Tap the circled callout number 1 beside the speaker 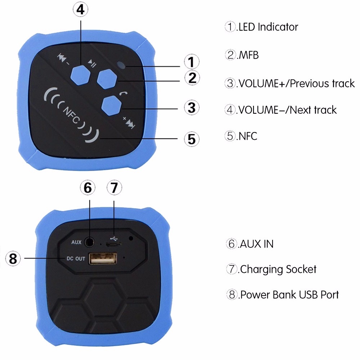pyautogui.click(x=192, y=62)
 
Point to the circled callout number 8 pyautogui.click(x=13, y=258)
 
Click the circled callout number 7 pyautogui.click(x=114, y=188)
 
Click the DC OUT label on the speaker pyautogui.click(x=76, y=258)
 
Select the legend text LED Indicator pyautogui.click(x=267, y=27)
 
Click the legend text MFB pyautogui.click(x=248, y=55)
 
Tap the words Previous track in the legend pyautogui.click(x=322, y=84)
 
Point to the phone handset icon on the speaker pyautogui.click(x=125, y=94)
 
